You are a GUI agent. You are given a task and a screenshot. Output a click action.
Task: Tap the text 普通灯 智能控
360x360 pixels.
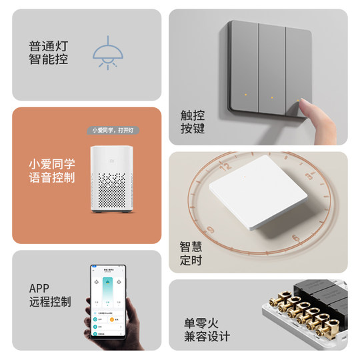[49, 53]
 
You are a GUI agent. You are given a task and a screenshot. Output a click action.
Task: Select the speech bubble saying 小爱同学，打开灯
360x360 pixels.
[112, 130]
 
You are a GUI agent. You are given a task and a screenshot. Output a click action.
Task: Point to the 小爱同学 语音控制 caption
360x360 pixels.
[52, 171]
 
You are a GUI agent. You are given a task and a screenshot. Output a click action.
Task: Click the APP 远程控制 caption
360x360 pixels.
[50, 295]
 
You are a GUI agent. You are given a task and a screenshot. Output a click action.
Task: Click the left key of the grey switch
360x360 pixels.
[244, 73]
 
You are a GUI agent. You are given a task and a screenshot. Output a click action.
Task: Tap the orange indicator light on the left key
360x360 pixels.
[246, 95]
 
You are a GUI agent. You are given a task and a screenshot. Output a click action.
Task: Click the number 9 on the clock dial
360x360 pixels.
[211, 230]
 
